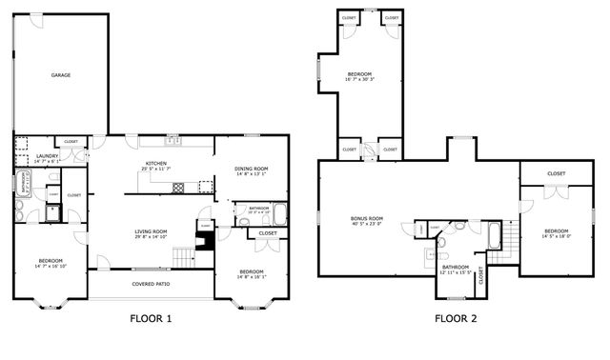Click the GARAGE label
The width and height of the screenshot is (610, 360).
[61, 74]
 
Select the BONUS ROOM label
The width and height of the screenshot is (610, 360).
[367, 221]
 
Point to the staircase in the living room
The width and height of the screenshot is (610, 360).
[181, 255]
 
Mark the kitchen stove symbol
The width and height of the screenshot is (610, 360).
[177, 188]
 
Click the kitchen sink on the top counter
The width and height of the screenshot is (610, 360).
[173, 142]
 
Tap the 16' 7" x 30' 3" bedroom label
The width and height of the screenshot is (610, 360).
[359, 76]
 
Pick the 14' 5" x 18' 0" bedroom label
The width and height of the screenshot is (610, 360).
[556, 232]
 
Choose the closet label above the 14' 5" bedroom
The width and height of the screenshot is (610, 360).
[557, 173]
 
